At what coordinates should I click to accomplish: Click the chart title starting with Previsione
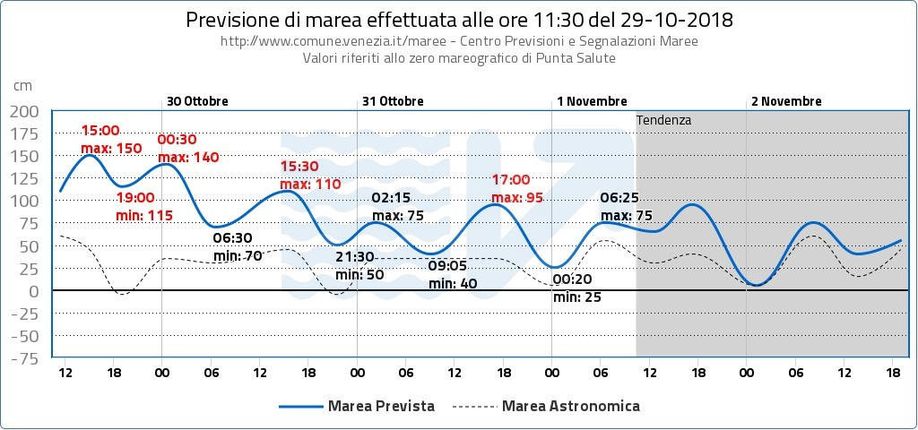tap(458, 20)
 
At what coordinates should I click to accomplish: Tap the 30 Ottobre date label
tap(197, 101)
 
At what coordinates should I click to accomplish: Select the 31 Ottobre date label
tap(393, 101)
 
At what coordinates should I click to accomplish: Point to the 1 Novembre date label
tap(592, 101)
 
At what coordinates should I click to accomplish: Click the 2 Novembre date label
tap(786, 101)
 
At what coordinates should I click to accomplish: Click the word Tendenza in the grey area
tap(663, 119)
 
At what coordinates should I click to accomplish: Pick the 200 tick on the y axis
tap(25, 111)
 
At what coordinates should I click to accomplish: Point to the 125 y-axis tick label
tap(25, 179)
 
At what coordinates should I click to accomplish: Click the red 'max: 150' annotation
tap(111, 148)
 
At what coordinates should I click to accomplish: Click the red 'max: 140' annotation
tap(188, 157)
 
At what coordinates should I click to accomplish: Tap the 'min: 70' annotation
tap(238, 255)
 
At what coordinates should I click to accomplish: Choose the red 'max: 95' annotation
tap(517, 197)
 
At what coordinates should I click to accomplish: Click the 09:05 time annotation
tap(446, 266)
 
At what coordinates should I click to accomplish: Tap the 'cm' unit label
tap(22, 85)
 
